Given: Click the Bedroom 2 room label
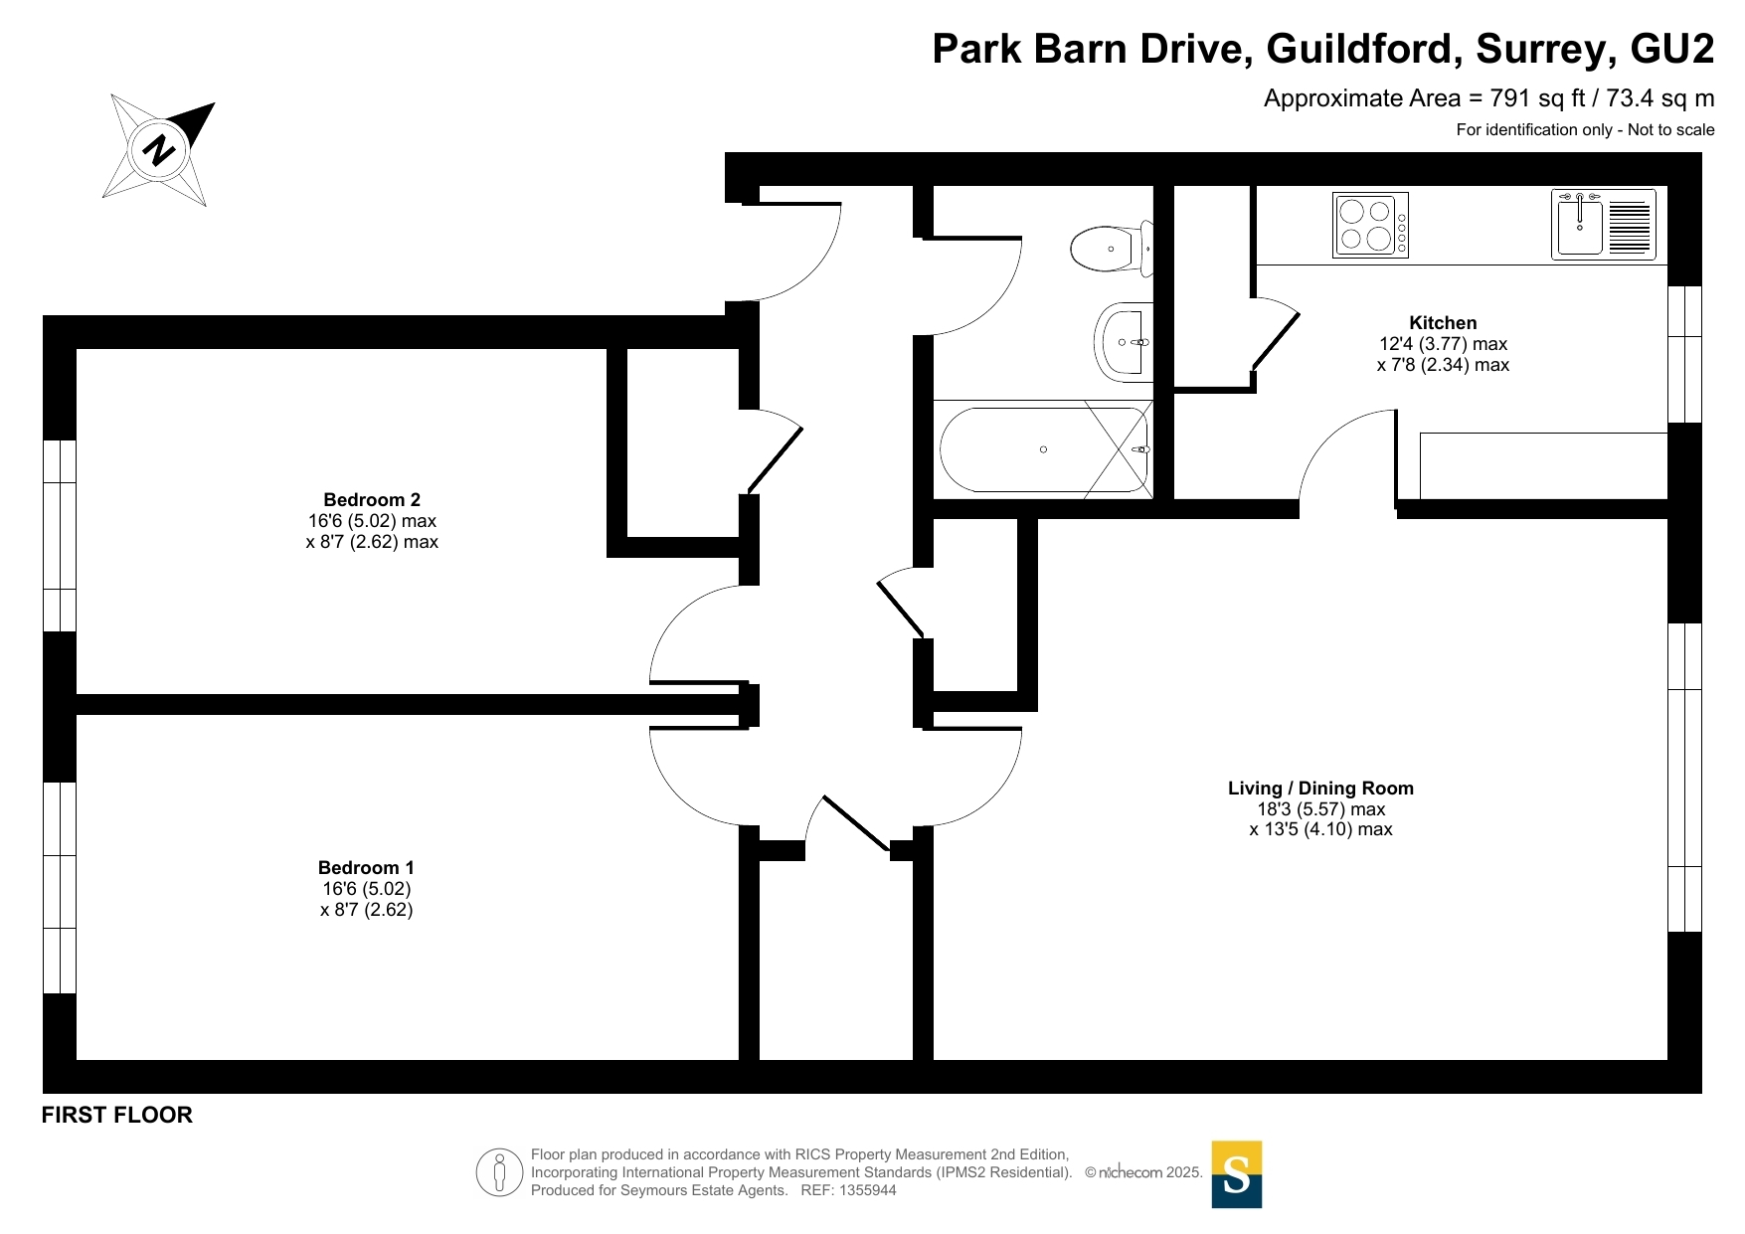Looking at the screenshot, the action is (x=372, y=499).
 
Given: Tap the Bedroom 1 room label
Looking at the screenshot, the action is (x=366, y=867).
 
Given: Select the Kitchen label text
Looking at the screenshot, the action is (x=1443, y=322).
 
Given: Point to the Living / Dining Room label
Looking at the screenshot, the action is (x=1320, y=788).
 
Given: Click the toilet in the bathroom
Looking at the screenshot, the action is (x=1113, y=248).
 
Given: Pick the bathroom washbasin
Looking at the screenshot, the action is (x=1124, y=342).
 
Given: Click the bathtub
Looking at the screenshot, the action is (x=1043, y=449).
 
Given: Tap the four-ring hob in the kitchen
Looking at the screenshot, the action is (x=1370, y=225).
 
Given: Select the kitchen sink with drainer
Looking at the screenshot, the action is (x=1603, y=225).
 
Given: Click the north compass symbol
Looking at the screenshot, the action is (x=159, y=150).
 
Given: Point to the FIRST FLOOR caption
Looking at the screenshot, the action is (x=117, y=1115).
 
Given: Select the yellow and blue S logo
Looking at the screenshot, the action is (x=1236, y=1174).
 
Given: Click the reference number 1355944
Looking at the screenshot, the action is (x=868, y=1190).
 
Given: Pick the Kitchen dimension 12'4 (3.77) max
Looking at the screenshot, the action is (x=1443, y=344).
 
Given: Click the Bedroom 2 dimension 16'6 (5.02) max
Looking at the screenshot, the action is (x=372, y=521).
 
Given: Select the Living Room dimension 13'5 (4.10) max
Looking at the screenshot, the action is (x=1320, y=829).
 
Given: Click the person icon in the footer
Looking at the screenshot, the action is (x=499, y=1172).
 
